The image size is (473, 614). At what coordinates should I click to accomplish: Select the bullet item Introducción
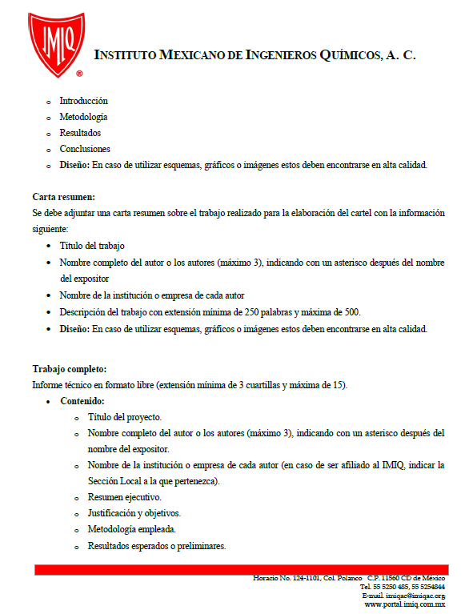click(83, 102)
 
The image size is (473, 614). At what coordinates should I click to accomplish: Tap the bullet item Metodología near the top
click(83, 118)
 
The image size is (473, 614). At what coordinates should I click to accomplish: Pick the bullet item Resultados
click(80, 134)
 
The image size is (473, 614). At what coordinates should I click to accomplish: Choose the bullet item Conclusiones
click(85, 150)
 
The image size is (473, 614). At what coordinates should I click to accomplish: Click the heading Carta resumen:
click(64, 197)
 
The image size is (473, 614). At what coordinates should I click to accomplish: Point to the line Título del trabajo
click(92, 247)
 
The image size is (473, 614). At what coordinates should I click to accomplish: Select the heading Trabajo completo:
click(69, 369)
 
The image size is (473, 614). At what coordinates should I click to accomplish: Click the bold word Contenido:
click(82, 401)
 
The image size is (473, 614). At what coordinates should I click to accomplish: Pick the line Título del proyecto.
click(125, 417)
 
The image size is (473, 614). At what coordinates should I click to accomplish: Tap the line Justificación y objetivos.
click(134, 514)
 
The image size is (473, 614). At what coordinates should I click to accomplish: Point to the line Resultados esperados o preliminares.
click(157, 546)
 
